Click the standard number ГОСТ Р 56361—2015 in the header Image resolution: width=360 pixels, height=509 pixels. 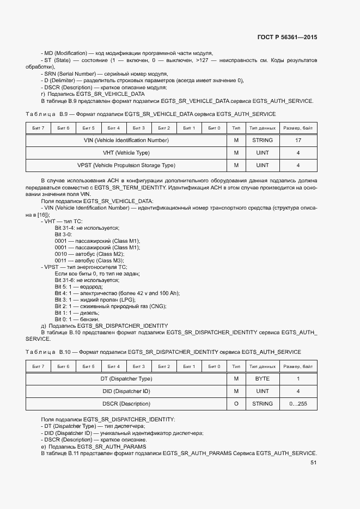click(x=287, y=38)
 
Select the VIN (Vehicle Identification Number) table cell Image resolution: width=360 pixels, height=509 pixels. click(x=126, y=140)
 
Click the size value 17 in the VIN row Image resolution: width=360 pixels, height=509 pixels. click(x=298, y=140)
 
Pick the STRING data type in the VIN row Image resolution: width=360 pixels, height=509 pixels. click(x=263, y=140)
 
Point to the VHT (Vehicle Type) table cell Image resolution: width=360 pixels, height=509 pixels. click(x=126, y=153)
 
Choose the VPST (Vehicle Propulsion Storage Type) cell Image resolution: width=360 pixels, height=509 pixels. click(x=126, y=165)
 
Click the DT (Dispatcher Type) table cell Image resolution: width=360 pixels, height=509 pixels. click(x=126, y=378)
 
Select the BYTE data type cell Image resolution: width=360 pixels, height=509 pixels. click(x=263, y=378)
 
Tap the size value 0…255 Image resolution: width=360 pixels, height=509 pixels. click(x=298, y=403)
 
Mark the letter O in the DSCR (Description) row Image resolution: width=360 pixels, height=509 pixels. click(x=236, y=403)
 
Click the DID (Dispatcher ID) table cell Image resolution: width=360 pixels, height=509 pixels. click(x=126, y=391)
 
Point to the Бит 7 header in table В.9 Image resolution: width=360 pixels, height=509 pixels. click(x=39, y=128)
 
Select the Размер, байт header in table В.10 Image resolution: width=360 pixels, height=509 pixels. click(x=298, y=366)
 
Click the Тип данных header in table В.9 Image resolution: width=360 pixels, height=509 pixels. click(x=263, y=128)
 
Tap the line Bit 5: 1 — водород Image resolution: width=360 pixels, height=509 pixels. click(x=78, y=286)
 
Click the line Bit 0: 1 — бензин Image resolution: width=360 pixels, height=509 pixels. click(x=77, y=319)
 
